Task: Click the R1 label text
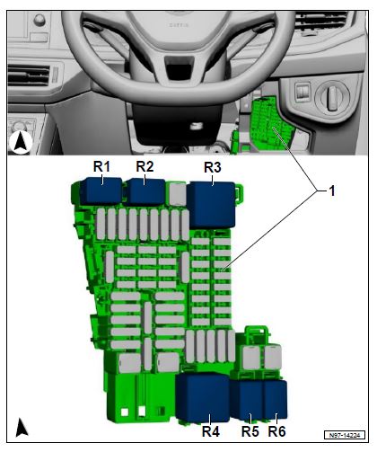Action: pyautogui.click(x=101, y=166)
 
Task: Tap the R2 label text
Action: pyautogui.click(x=145, y=166)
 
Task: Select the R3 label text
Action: pyautogui.click(x=213, y=167)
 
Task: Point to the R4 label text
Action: pyautogui.click(x=211, y=431)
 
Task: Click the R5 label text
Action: pyautogui.click(x=250, y=431)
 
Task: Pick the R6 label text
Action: pyautogui.click(x=277, y=431)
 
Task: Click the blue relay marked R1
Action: pyautogui.click(x=101, y=191)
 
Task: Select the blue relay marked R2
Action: pyautogui.click(x=145, y=191)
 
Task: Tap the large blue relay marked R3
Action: pyautogui.click(x=211, y=205)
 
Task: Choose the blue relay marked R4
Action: pyautogui.click(x=203, y=397)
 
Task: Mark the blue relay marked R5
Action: pyautogui.click(x=247, y=400)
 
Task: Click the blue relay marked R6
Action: pyautogui.click(x=276, y=400)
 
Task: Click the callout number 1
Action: pyautogui.click(x=332, y=191)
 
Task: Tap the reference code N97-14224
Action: pyautogui.click(x=345, y=435)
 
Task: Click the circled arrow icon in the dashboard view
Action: pyautogui.click(x=21, y=142)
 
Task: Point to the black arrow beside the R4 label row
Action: pyautogui.click(x=22, y=427)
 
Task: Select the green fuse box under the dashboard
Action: pyautogui.click(x=269, y=124)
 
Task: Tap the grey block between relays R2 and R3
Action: pyautogui.click(x=178, y=194)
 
